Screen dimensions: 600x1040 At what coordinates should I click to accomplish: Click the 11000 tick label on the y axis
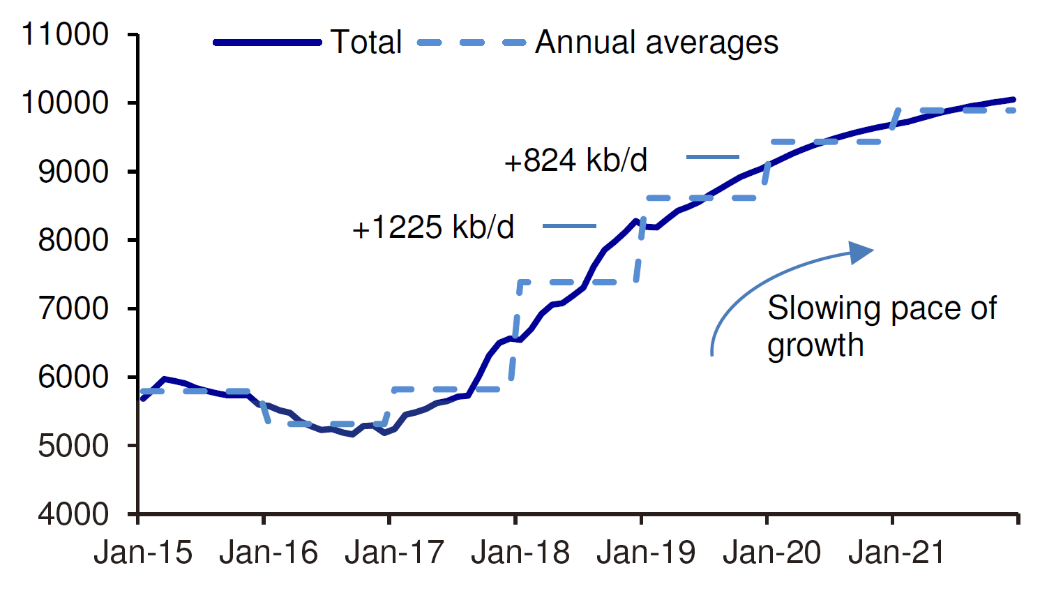coord(65,34)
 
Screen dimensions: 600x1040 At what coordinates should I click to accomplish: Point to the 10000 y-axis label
coord(65,103)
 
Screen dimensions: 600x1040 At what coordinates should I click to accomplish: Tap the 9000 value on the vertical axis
coord(73,172)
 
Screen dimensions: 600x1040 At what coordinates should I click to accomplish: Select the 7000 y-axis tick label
coord(73,308)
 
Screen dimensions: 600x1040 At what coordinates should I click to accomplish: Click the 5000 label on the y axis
coord(73,446)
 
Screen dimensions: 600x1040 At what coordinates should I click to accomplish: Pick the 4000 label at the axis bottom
coord(73,514)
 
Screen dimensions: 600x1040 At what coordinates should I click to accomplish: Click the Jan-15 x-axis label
coord(143,553)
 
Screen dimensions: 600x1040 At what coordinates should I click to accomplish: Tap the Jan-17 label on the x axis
coord(394,553)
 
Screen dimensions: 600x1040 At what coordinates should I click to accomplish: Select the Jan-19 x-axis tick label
coord(646,553)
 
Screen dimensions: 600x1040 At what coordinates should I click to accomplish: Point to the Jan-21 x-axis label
coord(897,553)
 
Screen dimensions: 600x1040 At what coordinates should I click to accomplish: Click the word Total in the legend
coord(366,43)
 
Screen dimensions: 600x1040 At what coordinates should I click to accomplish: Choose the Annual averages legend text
coord(656,43)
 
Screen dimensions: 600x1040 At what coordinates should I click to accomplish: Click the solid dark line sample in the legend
coord(267,43)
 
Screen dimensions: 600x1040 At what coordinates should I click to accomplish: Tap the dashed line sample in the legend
coord(472,43)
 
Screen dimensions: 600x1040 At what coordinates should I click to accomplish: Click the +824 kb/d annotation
coord(575,160)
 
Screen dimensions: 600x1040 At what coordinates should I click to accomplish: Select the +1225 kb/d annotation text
coord(433,227)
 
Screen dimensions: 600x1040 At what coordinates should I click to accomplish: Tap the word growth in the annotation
coord(815,345)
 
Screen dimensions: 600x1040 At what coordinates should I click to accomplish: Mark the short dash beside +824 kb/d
coord(712,157)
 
